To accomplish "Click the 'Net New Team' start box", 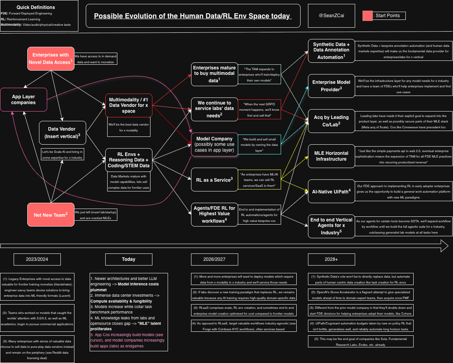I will coord(51,214).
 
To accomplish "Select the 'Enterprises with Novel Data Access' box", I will coord(51,58).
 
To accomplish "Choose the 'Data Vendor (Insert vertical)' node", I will coord(62,132).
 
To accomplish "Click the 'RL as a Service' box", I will coord(214,179).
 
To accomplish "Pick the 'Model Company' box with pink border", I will coord(214,145).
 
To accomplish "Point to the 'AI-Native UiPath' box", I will coord(331,191).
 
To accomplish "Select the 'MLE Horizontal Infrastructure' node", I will coord(331,156).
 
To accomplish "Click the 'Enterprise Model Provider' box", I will coord(331,85).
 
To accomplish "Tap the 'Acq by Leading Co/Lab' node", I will coord(331,120).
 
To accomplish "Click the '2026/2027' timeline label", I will coord(214,259).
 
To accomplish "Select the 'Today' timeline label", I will coord(129,259).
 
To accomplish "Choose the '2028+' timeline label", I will coord(331,259).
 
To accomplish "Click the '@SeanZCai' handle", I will coord(331,16).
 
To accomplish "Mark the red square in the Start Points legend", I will coord(367,16).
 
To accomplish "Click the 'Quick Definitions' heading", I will coord(36,7).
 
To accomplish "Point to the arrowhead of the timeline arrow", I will coord(444,246).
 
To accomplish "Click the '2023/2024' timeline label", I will coord(37,259).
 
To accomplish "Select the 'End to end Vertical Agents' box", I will coord(331,226).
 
